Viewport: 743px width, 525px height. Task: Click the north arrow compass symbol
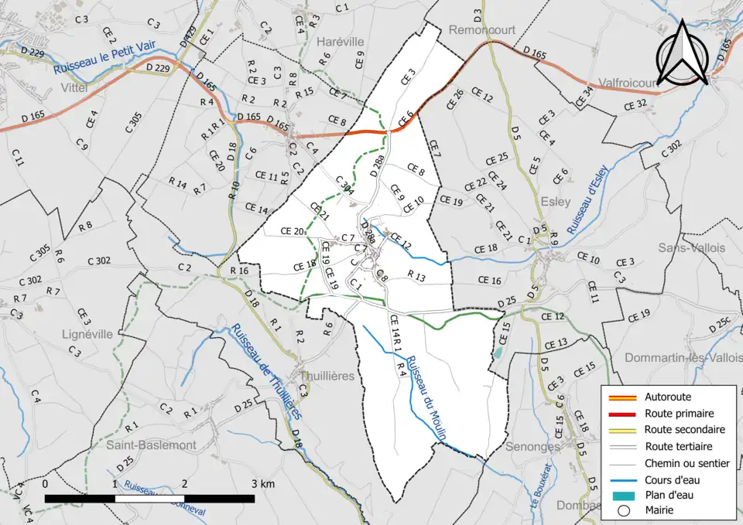click(x=681, y=53)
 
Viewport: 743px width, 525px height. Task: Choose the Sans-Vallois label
click(x=692, y=247)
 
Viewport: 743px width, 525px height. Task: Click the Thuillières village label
click(x=326, y=376)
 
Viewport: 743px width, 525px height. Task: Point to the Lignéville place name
click(x=87, y=334)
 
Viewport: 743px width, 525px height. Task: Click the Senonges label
click(x=532, y=447)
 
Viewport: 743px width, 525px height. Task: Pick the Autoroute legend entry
click(x=668, y=397)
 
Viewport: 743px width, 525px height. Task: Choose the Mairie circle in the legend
click(x=623, y=510)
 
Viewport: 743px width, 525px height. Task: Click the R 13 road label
click(x=416, y=276)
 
